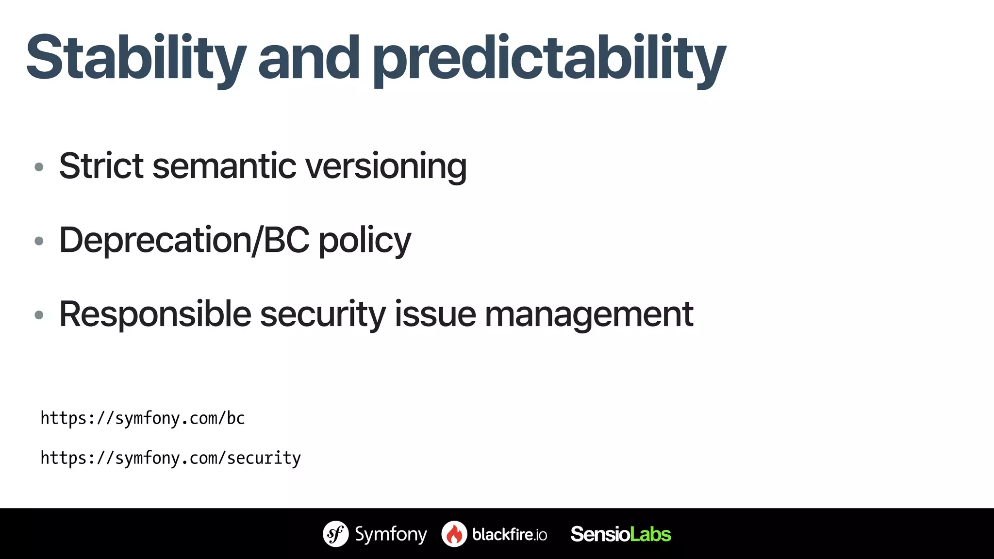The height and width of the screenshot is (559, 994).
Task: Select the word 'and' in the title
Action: point(309,58)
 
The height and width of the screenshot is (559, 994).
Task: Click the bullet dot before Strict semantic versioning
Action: point(39,167)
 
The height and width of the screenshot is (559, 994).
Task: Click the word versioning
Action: point(386,167)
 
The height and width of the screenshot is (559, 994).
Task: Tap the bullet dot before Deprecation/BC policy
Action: point(39,241)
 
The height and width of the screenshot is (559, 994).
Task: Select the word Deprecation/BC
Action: point(184,240)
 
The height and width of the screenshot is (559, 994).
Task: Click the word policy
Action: point(364,241)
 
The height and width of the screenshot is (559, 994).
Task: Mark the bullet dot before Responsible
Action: point(39,315)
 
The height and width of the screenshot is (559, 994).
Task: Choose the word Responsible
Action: point(155,315)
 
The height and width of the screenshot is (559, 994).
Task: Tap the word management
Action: point(589,315)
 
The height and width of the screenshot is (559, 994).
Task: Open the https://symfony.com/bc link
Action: point(143,418)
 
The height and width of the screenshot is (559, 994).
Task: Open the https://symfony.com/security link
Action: point(170,458)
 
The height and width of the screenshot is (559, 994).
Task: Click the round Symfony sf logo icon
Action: point(335,534)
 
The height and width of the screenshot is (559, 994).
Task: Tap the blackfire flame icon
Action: point(454,534)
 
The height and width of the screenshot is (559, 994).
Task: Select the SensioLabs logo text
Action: point(620,534)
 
